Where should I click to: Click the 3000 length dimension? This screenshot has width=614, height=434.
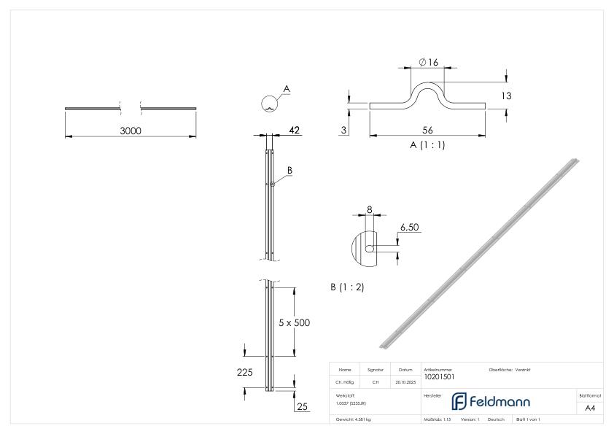click(131, 131)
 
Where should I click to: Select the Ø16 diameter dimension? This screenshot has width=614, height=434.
click(428, 63)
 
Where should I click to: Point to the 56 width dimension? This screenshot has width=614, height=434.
click(428, 130)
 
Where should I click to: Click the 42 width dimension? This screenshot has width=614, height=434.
click(295, 130)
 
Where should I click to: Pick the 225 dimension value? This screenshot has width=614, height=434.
click(244, 372)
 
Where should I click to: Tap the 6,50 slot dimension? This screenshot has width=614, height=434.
click(410, 228)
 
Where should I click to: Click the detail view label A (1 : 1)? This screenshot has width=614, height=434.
click(427, 144)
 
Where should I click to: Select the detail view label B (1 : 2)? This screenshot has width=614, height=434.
click(347, 287)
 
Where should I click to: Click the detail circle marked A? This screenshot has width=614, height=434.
click(269, 104)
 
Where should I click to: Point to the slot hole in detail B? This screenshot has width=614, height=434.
click(370, 248)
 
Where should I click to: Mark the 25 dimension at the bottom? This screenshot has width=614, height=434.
click(301, 406)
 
